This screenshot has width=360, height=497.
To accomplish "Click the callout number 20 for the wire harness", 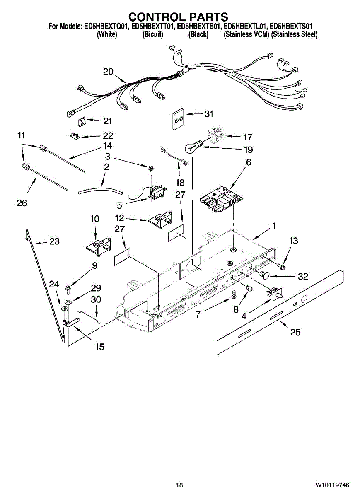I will pyautogui.click(x=108, y=72).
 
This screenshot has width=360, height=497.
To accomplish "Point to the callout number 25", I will pyautogui.click(x=295, y=332).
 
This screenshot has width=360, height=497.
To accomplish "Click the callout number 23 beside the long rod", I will pyautogui.click(x=55, y=241).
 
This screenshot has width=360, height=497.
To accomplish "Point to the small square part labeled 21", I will pyautogui.click(x=82, y=121).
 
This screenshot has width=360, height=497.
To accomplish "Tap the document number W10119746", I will pyautogui.click(x=332, y=485).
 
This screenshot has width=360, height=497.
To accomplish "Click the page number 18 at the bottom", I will pyautogui.click(x=179, y=485).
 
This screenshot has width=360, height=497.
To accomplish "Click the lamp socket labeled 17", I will pyautogui.click(x=215, y=133).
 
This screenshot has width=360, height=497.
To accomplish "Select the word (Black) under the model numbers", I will pyautogui.click(x=198, y=35).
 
